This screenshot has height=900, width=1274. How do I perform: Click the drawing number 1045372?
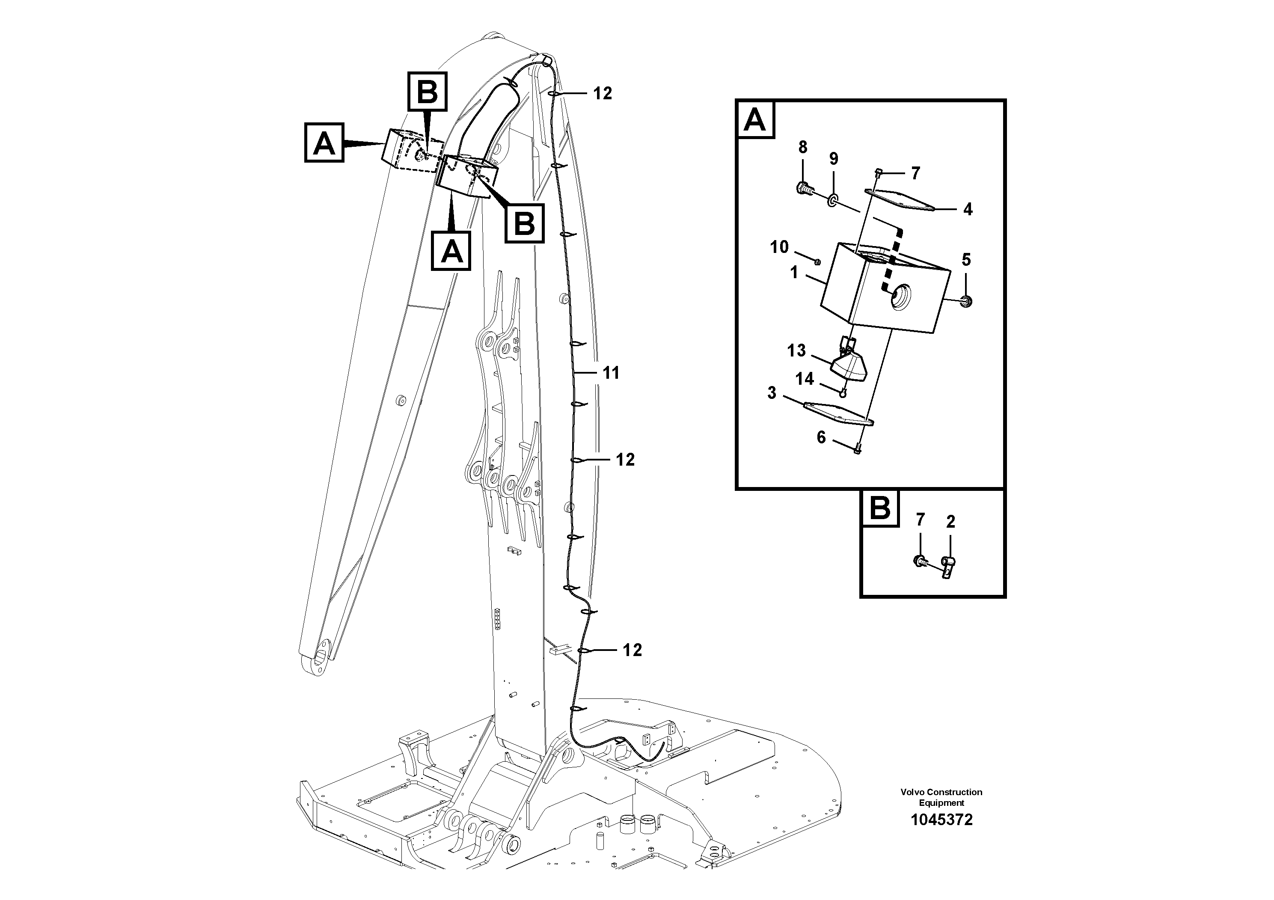pyautogui.click(x=941, y=820)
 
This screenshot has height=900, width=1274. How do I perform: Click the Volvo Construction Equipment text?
pyautogui.click(x=941, y=797)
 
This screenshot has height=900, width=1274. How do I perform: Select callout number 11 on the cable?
pyautogui.click(x=611, y=373)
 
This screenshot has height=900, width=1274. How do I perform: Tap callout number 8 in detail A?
pyautogui.click(x=802, y=147)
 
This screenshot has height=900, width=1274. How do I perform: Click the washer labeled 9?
pyautogui.click(x=833, y=200)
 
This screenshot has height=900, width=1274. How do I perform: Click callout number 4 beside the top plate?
pyautogui.click(x=968, y=209)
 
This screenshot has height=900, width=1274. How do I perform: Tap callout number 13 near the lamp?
pyautogui.click(x=796, y=350)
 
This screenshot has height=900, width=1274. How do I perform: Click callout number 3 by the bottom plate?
pyautogui.click(x=772, y=393)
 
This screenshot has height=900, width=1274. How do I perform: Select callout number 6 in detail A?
pyautogui.click(x=821, y=437)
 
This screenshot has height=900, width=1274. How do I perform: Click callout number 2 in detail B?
pyautogui.click(x=950, y=522)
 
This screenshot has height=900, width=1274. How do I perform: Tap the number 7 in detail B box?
pyautogui.click(x=920, y=520)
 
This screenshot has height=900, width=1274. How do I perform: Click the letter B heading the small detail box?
pyautogui.click(x=880, y=508)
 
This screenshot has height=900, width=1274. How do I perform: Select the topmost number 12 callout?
pyautogui.click(x=602, y=93)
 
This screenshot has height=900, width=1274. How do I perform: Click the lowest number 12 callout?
pyautogui.click(x=632, y=650)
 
